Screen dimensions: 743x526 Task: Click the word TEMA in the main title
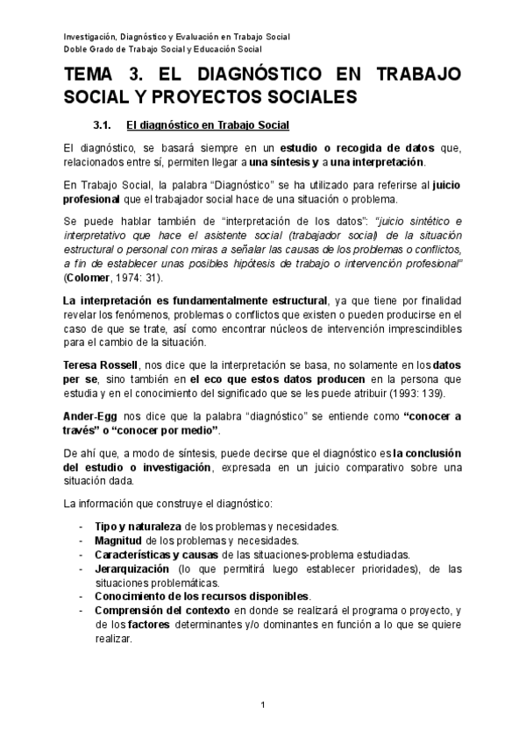(x=90, y=76)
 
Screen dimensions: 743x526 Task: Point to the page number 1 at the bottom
(x=263, y=705)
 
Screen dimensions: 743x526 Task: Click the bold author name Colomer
(x=90, y=277)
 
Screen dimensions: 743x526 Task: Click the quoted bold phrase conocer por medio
(x=170, y=431)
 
